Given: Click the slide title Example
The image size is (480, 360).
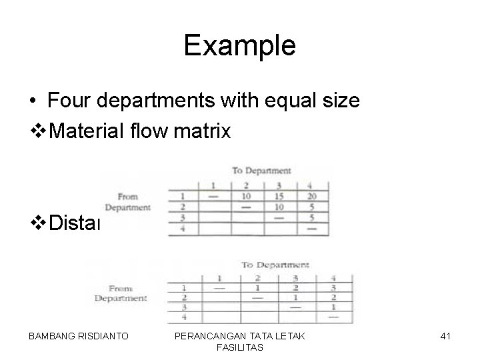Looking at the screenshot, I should point(239,45).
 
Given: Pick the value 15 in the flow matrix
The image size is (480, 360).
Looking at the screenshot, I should point(279,196).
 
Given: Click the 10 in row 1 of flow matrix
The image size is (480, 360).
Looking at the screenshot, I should point(246,196).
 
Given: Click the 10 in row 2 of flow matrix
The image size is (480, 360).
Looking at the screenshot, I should point(279,207).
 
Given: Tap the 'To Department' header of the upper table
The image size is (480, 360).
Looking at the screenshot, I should point(261,171).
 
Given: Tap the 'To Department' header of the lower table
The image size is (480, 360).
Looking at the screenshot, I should point(275,265).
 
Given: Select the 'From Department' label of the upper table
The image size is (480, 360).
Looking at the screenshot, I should point(127,202).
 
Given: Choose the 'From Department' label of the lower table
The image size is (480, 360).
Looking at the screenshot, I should point(120,293).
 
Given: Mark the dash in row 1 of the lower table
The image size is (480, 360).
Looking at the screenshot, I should point(219,288).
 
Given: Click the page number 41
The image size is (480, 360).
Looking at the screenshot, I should point(446,336).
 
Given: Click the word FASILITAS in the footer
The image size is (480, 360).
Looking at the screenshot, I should point(240,347).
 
